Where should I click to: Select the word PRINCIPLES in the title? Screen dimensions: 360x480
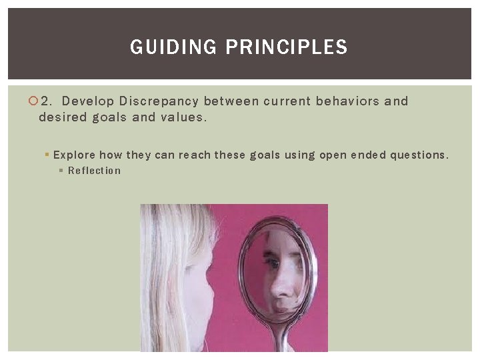287,47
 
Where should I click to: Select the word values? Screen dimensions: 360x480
183,117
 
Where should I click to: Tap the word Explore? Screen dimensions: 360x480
74,155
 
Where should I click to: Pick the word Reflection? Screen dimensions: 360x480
95,171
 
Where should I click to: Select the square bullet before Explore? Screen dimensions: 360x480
47,155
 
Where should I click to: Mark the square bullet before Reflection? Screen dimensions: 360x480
61,171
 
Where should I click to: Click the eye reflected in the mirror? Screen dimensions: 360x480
274,263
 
